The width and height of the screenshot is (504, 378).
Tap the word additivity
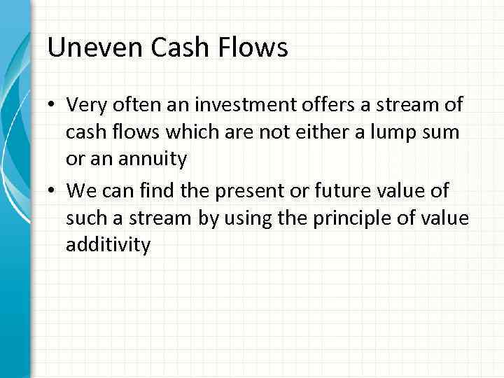(x=108, y=246)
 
